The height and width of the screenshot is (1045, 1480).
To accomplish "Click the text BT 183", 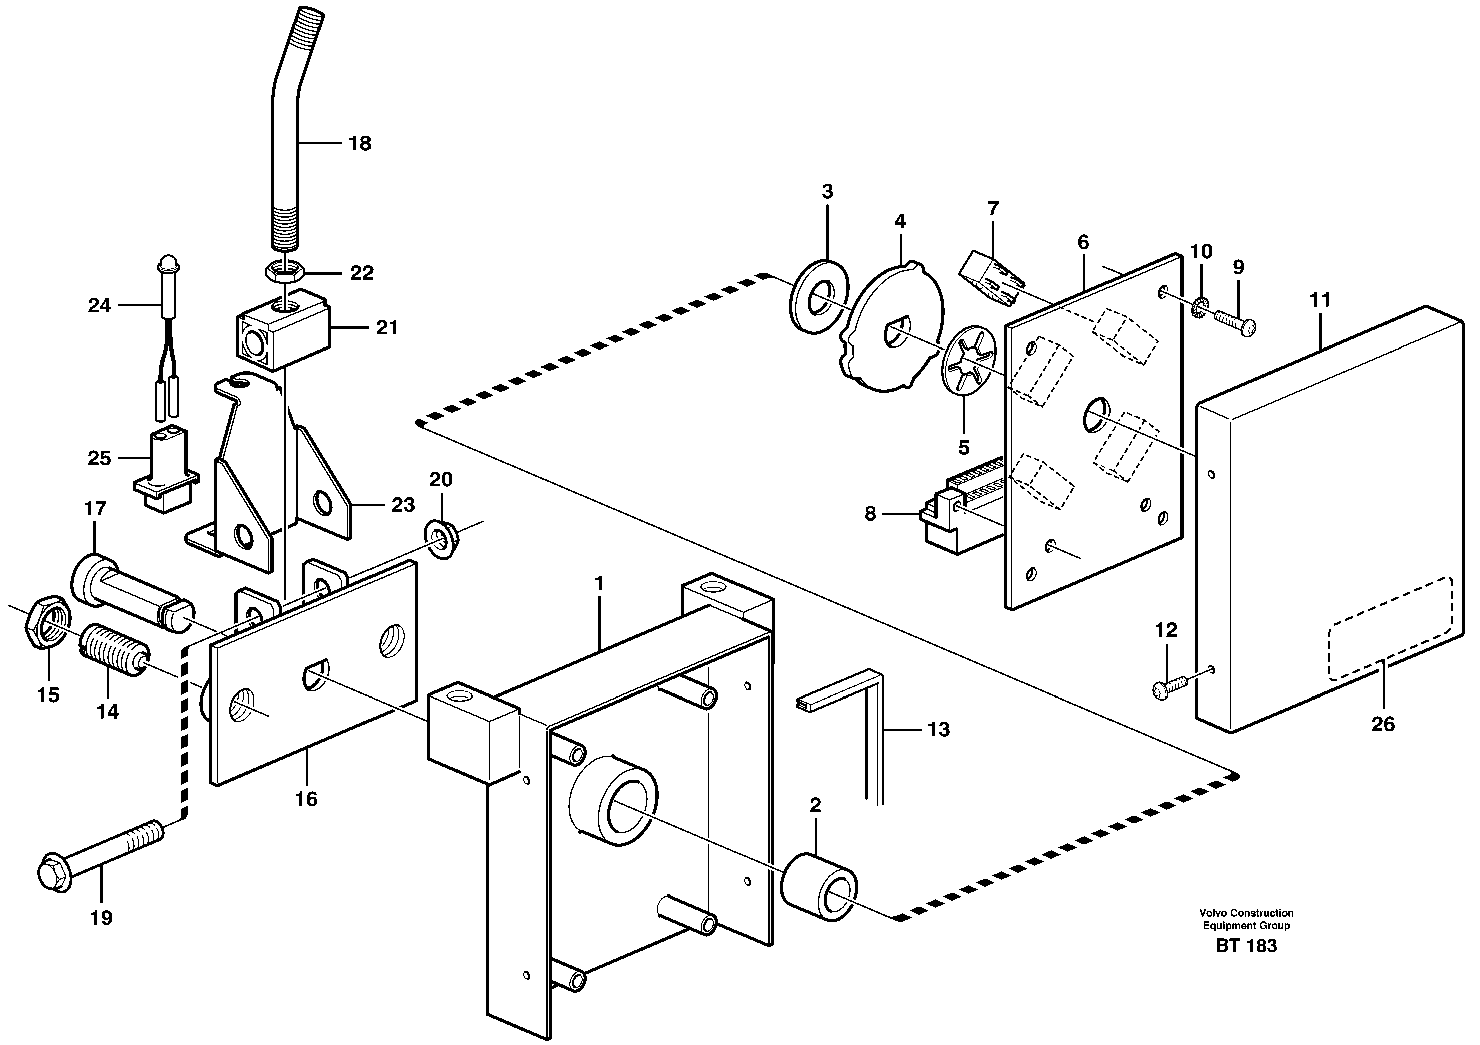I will coord(1246,946).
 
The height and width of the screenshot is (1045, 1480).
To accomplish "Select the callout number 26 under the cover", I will coord(1383,724).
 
